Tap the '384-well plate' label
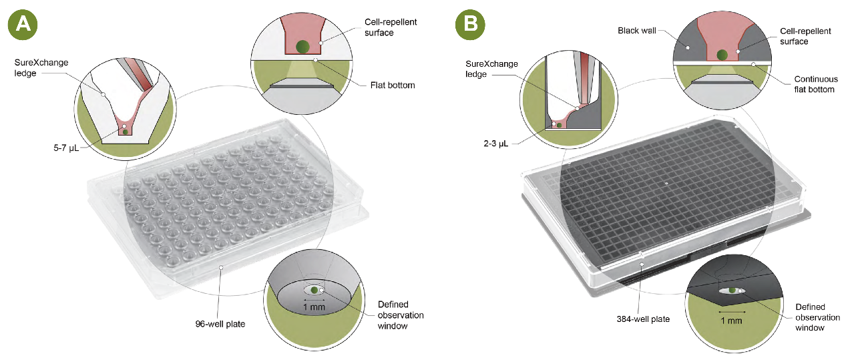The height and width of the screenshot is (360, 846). (x=642, y=319)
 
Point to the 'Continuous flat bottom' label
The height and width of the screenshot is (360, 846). (x=815, y=84)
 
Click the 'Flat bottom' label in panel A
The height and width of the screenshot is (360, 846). (x=395, y=85)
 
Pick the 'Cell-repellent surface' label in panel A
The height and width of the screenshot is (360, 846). (x=392, y=27)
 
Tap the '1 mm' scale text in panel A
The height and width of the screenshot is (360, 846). (x=312, y=307)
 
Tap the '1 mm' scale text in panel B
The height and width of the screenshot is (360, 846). (x=732, y=321)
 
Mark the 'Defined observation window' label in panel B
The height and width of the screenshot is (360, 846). (x=809, y=317)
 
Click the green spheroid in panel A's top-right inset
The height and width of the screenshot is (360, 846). (x=302, y=46)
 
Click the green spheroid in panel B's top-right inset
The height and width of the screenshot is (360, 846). (x=722, y=55)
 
